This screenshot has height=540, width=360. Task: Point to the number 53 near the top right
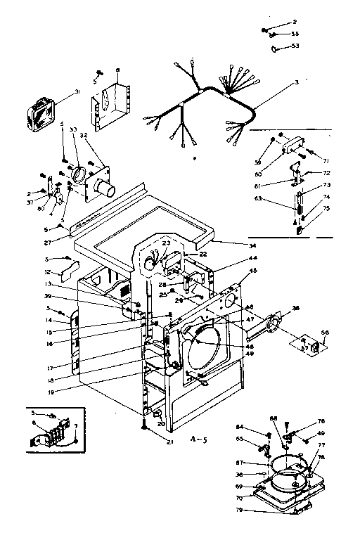click(x=295, y=46)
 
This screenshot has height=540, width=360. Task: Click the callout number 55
click(x=295, y=34)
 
